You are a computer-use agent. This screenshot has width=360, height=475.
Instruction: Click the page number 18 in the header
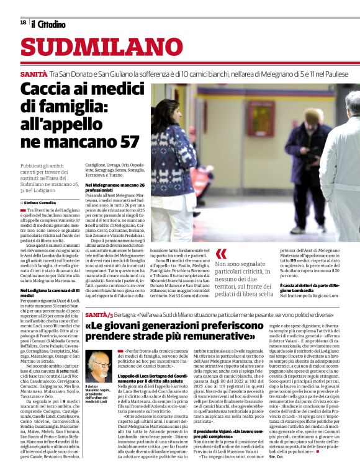tap(22, 22)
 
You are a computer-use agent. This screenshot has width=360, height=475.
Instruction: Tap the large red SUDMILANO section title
tap(92, 48)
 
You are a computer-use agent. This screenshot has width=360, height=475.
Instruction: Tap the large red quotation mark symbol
tap(221, 255)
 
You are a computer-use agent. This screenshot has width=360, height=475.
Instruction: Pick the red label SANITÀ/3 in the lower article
tap(99, 316)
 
